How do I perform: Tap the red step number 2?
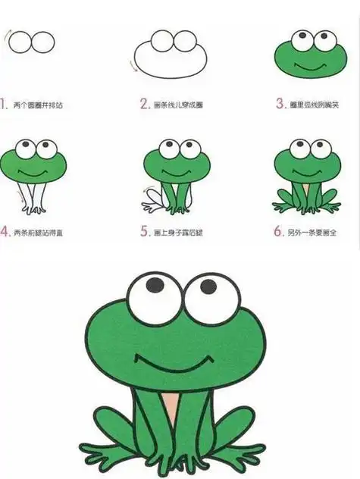[143, 104]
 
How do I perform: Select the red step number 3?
[280, 104]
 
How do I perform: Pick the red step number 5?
[144, 232]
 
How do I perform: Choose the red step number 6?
[279, 232]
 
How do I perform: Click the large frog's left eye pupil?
[155, 284]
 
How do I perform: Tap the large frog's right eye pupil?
[208, 286]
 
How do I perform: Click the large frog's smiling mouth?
[171, 362]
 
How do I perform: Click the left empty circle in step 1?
[20, 42]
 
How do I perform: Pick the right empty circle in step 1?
[43, 42]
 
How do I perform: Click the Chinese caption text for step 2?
[179, 105]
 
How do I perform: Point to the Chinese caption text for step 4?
[38, 233]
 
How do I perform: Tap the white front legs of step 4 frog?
[33, 199]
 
